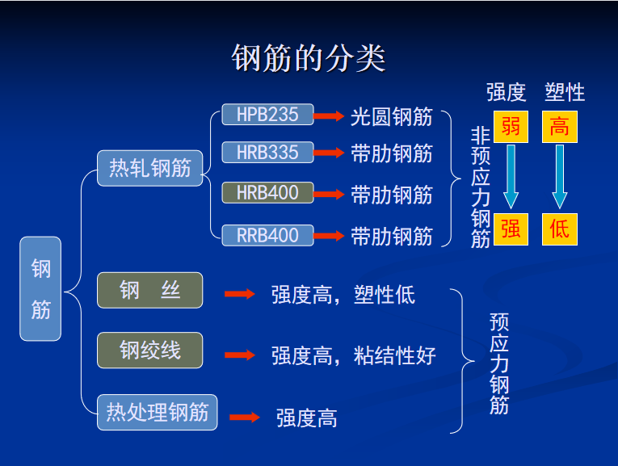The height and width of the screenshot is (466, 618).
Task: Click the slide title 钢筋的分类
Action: pyautogui.click(x=309, y=58)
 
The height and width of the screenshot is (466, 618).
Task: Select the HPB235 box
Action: pyautogui.click(x=267, y=115)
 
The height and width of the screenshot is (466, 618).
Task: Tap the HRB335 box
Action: pyautogui.click(x=267, y=152)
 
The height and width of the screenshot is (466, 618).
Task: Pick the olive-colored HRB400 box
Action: pyautogui.click(x=267, y=193)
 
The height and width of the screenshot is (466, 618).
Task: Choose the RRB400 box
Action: pyautogui.click(x=267, y=235)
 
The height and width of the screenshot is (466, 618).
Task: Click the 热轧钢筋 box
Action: pyautogui.click(x=149, y=168)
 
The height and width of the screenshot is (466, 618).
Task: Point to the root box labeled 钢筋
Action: pyautogui.click(x=40, y=289)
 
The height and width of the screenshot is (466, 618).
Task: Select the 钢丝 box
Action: pyautogui.click(x=149, y=290)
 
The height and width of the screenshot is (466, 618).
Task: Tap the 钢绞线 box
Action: pyautogui.click(x=149, y=351)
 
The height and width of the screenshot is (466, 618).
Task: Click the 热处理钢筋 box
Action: pyautogui.click(x=158, y=413)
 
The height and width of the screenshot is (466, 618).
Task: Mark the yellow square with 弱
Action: pyautogui.click(x=511, y=127)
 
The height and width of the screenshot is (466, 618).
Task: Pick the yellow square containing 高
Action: pyautogui.click(x=560, y=127)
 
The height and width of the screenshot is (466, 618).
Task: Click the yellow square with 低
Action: pyautogui.click(x=560, y=229)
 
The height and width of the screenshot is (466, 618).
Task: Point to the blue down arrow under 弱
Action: pyautogui.click(x=511, y=177)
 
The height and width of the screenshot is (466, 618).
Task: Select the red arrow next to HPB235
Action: pyautogui.click(x=329, y=115)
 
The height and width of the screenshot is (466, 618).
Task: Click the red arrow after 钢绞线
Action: pyautogui.click(x=240, y=355)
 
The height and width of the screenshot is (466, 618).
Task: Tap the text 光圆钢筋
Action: pyautogui.click(x=391, y=117)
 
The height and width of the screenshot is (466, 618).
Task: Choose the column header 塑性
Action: pyautogui.click(x=565, y=93)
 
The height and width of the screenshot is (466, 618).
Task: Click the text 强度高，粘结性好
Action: pyautogui.click(x=354, y=355)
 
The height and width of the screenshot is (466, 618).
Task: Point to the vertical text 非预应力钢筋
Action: pyautogui.click(x=481, y=187)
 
